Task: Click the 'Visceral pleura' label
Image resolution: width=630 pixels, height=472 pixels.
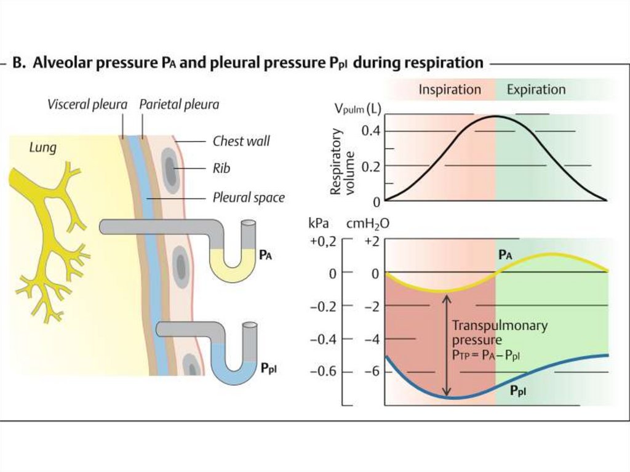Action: click(x=87, y=105)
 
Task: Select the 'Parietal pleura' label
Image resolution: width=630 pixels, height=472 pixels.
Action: click(x=179, y=105)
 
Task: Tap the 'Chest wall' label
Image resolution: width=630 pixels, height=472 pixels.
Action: click(x=241, y=141)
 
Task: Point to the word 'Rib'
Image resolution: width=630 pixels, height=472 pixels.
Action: click(x=221, y=168)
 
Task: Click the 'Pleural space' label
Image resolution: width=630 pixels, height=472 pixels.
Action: click(x=249, y=198)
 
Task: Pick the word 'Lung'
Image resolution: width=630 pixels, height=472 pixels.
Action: click(x=42, y=148)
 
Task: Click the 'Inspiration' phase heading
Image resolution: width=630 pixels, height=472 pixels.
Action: click(x=450, y=89)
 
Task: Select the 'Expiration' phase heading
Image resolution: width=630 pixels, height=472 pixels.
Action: click(x=536, y=89)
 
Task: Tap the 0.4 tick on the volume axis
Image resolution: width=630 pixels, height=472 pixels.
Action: click(x=370, y=131)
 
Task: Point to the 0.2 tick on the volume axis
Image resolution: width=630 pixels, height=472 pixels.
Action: click(x=370, y=166)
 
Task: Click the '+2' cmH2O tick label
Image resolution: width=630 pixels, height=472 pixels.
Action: click(x=371, y=241)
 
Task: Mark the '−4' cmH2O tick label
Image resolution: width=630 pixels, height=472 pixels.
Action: click(x=372, y=340)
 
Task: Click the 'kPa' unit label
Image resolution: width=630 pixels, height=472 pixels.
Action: click(x=319, y=223)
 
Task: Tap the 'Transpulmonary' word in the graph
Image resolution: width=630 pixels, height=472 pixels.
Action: click(x=500, y=326)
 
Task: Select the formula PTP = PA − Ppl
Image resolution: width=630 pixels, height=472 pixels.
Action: click(x=486, y=355)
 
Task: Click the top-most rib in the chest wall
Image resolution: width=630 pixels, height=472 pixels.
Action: click(x=170, y=170)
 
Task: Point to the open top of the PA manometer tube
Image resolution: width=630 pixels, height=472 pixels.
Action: click(x=249, y=223)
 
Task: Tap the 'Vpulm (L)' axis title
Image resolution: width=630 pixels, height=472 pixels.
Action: click(x=357, y=108)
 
